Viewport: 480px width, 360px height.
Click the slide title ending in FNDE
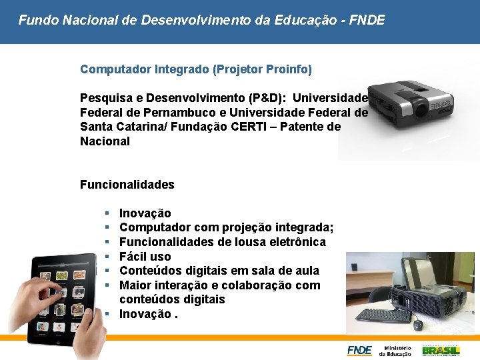click(201, 20)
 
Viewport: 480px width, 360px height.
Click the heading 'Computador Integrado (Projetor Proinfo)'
click(196, 69)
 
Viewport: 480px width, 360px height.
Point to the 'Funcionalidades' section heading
click(127, 185)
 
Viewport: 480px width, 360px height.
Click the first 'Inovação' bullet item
click(145, 213)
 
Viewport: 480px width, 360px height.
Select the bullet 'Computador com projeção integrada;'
click(226, 227)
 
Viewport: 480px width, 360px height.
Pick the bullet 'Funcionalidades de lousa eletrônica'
click(222, 242)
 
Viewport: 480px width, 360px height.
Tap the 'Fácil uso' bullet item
click(145, 257)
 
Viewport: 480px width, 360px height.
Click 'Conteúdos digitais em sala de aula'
click(219, 271)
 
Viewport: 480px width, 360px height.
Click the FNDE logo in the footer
click(359, 350)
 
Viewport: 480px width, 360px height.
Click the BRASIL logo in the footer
click(441, 350)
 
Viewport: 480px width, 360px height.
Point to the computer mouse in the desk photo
click(418, 325)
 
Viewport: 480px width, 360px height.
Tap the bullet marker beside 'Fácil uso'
click(107, 257)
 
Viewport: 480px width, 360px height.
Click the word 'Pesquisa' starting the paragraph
click(102, 97)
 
